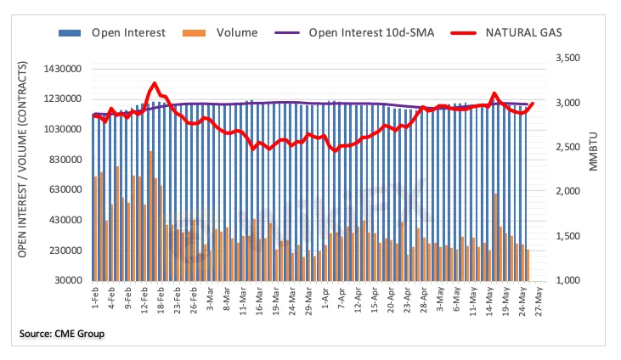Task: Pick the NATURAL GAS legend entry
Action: [x=511, y=34]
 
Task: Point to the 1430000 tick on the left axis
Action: [x=65, y=68]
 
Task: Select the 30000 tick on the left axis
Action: [x=70, y=281]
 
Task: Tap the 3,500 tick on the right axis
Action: [x=567, y=59]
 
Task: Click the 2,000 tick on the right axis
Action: [x=567, y=192]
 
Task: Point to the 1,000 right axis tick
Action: [x=567, y=281]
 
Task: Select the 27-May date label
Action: [x=539, y=300]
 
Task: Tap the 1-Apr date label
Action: [x=325, y=298]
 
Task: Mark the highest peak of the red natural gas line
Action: [x=153, y=84]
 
